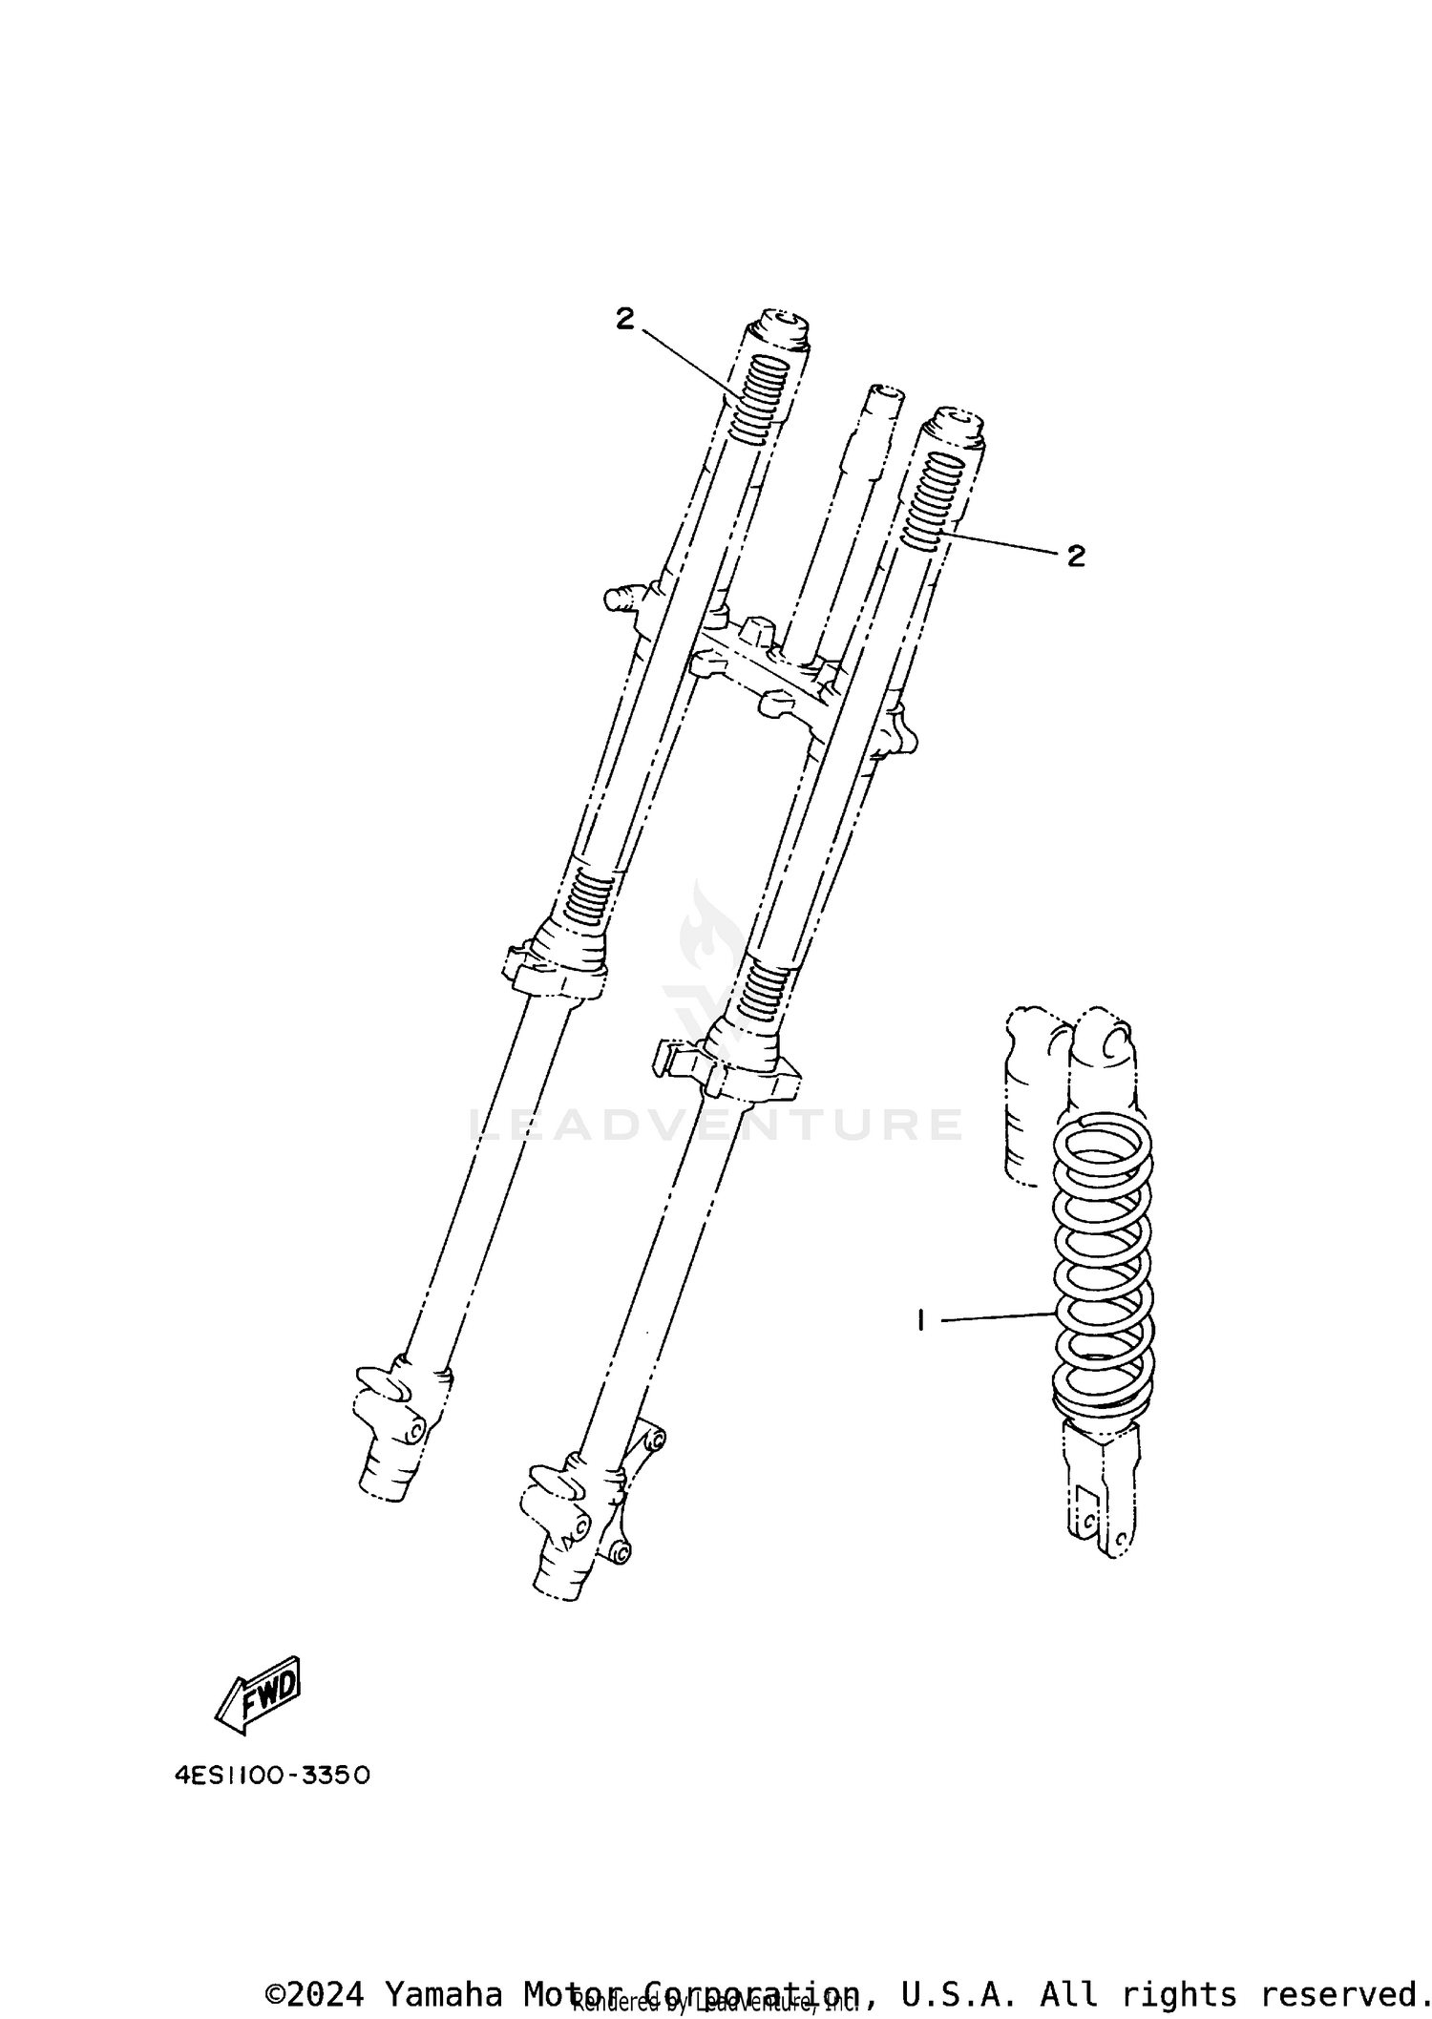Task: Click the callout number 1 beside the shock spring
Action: coord(920,1321)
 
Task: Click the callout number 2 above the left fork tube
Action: coord(624,320)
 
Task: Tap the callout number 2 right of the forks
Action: coord(1076,557)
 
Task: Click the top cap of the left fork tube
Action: coord(781,327)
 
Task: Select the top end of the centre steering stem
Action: coord(884,396)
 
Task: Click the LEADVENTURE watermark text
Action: coord(716,1125)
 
